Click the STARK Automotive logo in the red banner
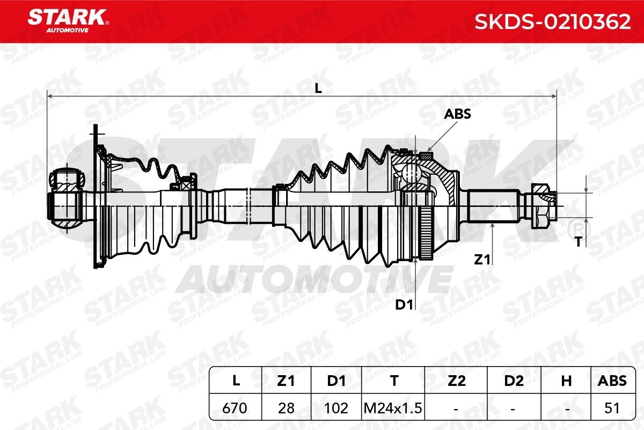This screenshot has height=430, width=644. pyautogui.click(x=68, y=21)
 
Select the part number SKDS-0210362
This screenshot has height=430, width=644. pyautogui.click(x=553, y=22)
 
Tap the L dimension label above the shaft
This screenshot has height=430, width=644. pyautogui.click(x=318, y=89)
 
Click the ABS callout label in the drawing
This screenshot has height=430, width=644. pyautogui.click(x=457, y=114)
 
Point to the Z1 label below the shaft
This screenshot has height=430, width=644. pyautogui.click(x=482, y=260)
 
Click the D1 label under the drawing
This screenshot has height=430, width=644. pyautogui.click(x=404, y=304)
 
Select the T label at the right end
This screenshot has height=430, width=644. pyautogui.click(x=579, y=242)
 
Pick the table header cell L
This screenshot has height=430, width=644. pyautogui.click(x=236, y=381)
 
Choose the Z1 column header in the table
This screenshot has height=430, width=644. pyautogui.click(x=286, y=381)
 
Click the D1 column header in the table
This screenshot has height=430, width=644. pyautogui.click(x=336, y=381)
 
